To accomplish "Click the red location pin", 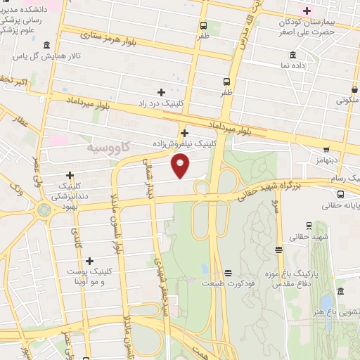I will pos(181,166).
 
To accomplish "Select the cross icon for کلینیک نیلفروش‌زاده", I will pos(184,133).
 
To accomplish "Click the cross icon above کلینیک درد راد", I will pos(161,92).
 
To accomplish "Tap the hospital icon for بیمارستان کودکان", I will pos(307,11).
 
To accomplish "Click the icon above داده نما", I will pos(292,56).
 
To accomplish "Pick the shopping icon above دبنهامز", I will pos(326,149).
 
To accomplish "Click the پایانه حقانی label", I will pos(341,206).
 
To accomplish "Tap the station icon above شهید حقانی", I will pos(281,249).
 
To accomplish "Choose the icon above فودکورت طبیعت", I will pos(228,273).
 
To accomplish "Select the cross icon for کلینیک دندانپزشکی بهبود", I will pos(70,175).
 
